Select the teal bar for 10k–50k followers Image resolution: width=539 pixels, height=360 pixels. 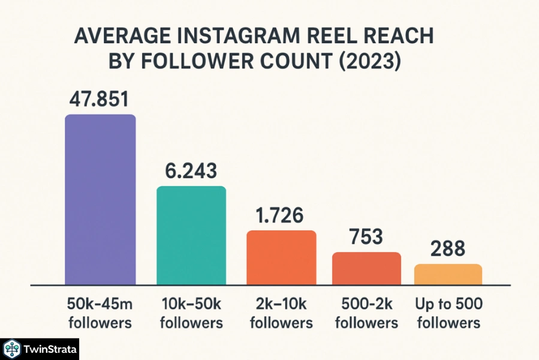[x=191, y=235]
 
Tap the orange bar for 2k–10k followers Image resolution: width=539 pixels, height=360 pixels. [x=281, y=257]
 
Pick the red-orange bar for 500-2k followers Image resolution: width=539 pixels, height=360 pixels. [x=366, y=268]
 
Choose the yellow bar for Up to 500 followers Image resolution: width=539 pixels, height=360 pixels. [x=448, y=274]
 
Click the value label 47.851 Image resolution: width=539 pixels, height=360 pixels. [x=100, y=99]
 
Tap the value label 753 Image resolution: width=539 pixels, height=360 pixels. [x=366, y=237]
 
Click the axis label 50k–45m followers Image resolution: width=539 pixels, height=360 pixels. [x=100, y=313]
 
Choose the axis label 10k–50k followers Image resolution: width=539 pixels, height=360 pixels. [x=191, y=313]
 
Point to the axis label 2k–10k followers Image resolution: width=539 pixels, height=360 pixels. [x=281, y=313]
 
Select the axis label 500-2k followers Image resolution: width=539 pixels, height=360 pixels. [x=366, y=313]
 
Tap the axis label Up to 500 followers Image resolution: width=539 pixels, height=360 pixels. [x=448, y=313]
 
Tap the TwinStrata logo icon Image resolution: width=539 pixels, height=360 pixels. [x=12, y=349]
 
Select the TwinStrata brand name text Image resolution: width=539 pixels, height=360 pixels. [x=47, y=349]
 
